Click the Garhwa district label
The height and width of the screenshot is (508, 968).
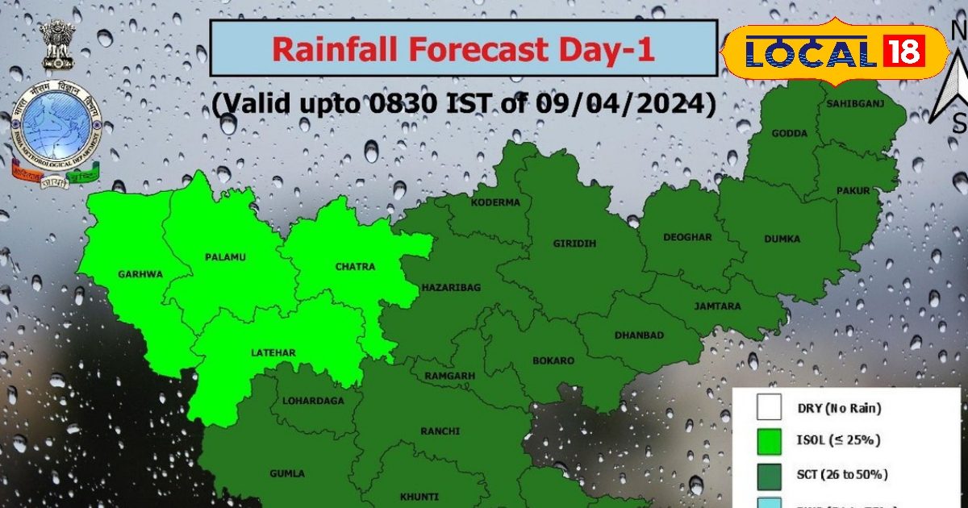pos(140,274)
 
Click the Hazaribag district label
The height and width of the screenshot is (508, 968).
pos(451,287)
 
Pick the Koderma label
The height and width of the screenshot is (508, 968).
pos(496,202)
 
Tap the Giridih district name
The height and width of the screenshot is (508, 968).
pos(574,244)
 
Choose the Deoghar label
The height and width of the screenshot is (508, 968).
pos(687,238)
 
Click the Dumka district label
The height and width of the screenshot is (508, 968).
pos(782,239)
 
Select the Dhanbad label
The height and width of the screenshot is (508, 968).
pos(639,335)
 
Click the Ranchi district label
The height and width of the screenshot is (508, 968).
pos(440,431)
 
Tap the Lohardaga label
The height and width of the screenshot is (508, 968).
pos(313,401)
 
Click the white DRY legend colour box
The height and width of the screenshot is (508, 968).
pos(770,407)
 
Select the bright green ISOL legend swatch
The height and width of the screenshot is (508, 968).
pos(770,440)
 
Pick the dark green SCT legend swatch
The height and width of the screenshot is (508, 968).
pos(770,474)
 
